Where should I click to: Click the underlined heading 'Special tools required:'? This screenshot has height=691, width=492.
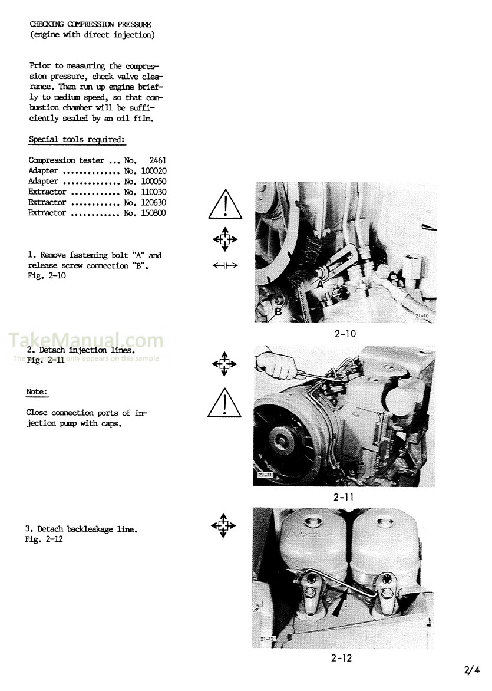(77, 140)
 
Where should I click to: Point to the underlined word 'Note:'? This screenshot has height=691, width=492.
(37, 391)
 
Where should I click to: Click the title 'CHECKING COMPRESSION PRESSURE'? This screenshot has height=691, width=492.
(90, 25)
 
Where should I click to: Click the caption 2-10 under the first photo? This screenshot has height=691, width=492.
(345, 334)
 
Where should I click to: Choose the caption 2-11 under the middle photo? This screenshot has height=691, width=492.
(343, 497)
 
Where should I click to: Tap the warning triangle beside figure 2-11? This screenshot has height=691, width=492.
(224, 403)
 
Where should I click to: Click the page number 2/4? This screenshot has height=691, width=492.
(473, 669)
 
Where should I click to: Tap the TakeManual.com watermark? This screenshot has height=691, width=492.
(86, 340)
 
